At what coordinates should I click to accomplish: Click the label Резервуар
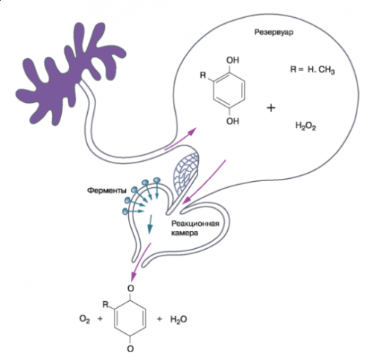coord(273,33)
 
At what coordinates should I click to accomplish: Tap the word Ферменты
coord(107,191)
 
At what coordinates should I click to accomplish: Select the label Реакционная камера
coord(195,228)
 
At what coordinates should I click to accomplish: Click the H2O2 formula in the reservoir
coord(305,126)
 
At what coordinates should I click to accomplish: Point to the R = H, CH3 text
coord(312,69)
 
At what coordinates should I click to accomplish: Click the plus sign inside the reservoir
coord(271,108)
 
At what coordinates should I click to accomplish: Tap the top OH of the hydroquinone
coord(232,60)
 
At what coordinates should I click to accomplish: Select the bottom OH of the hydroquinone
coord(232,121)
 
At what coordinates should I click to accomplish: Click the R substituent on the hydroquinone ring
coord(203,75)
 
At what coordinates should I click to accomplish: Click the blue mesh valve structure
coord(186,172)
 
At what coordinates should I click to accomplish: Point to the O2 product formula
coord(85,319)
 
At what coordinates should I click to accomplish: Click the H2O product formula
coord(179,319)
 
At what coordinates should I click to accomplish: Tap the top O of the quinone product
coord(130,288)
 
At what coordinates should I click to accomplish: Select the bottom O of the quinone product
coord(130,348)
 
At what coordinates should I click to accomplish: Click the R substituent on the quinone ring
coord(106,304)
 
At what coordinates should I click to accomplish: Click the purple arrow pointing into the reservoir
coord(181,139)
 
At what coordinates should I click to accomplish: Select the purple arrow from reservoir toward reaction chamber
coord(204,182)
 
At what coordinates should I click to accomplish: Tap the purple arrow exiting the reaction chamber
coord(141,262)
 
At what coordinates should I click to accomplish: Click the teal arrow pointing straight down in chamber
coord(150,224)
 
